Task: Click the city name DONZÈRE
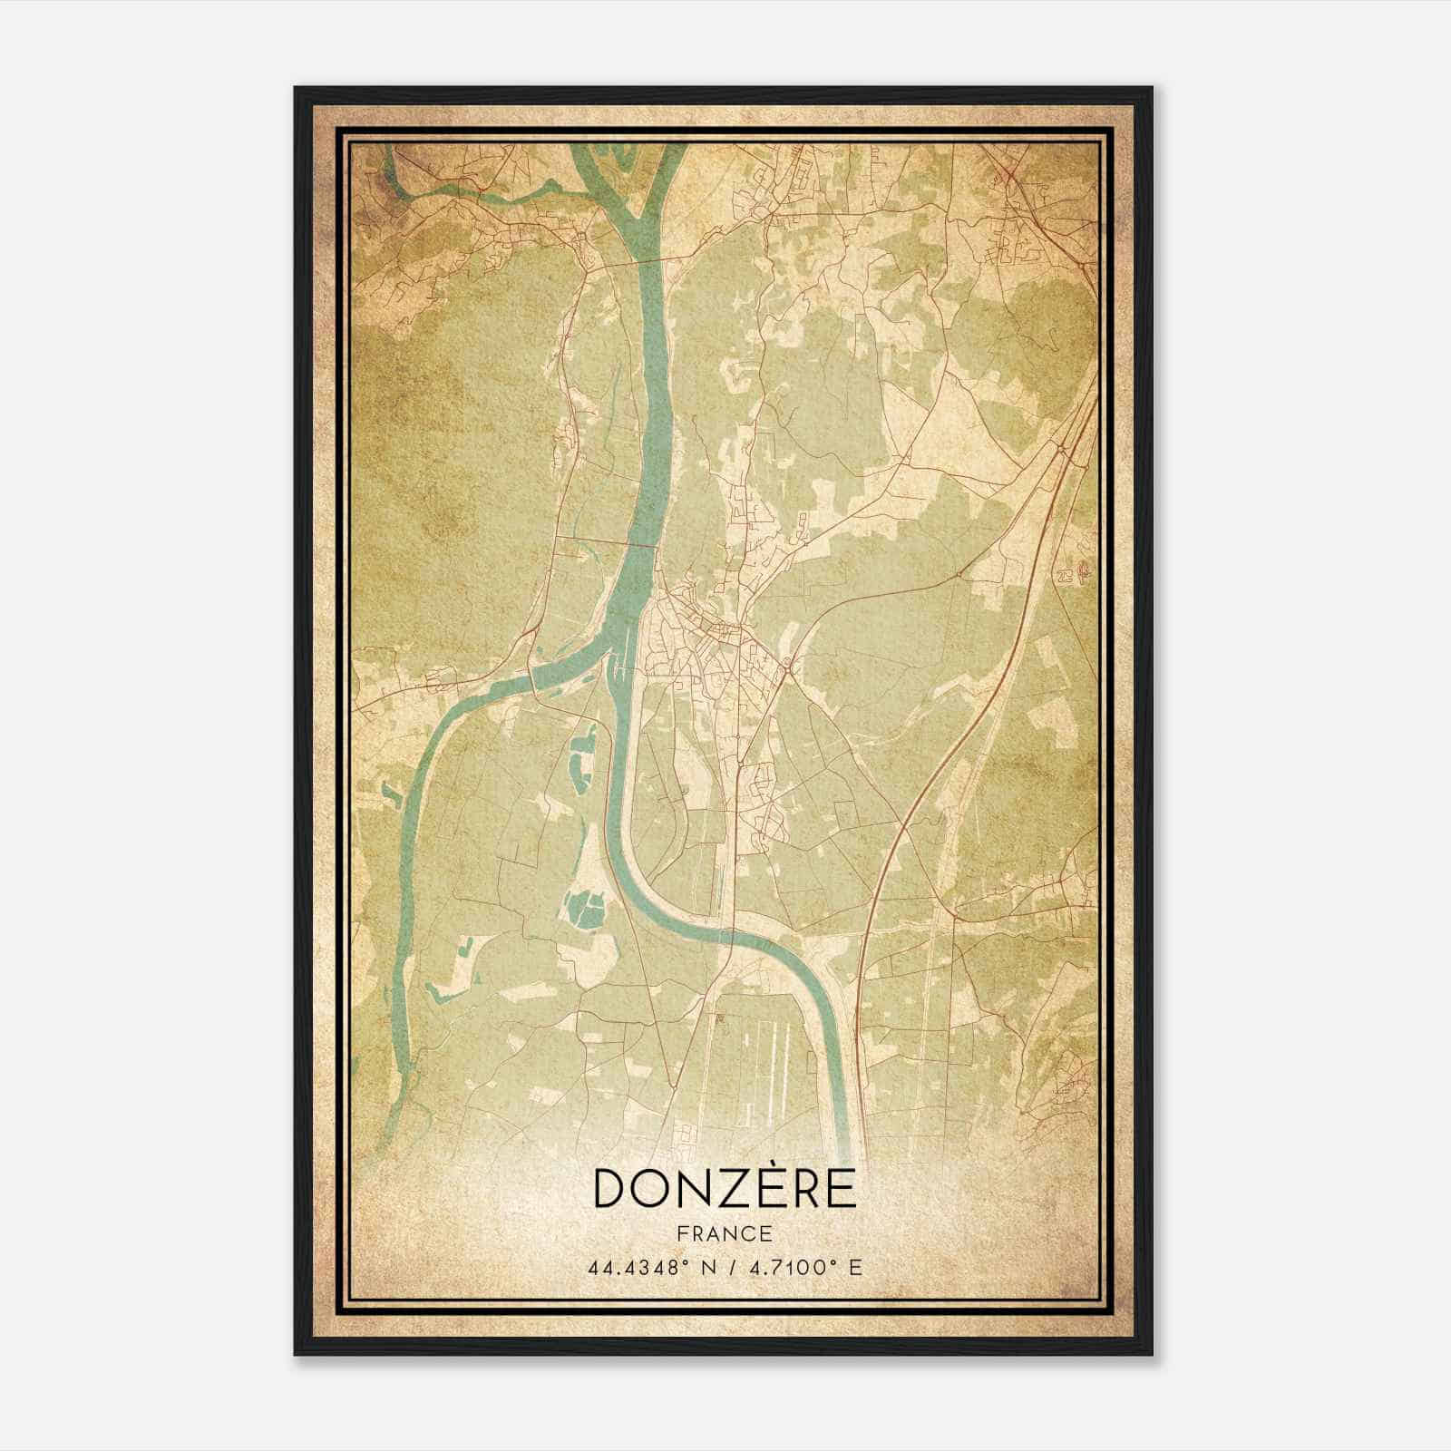[x=725, y=1188]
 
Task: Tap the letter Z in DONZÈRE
[x=729, y=1189]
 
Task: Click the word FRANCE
[x=724, y=1233]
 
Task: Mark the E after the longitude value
[x=855, y=1267]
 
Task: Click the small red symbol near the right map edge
[x=1085, y=572]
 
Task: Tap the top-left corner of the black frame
[x=297, y=89]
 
